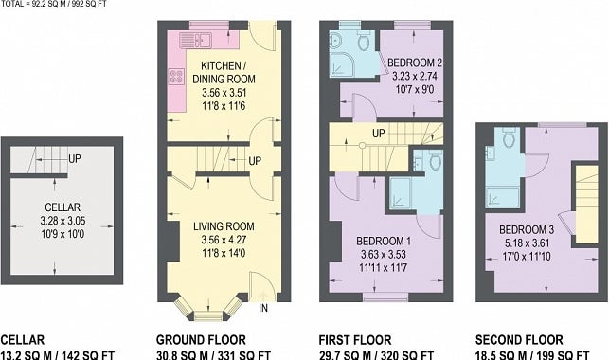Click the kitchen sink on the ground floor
click(x=195, y=41)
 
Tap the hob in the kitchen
click(x=176, y=76)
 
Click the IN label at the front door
click(x=263, y=308)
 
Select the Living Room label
click(x=224, y=226)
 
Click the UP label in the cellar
click(x=75, y=159)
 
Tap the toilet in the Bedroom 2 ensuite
click(x=365, y=42)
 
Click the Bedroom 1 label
click(x=384, y=242)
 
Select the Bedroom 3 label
click(x=527, y=230)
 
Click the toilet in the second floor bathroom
click(x=508, y=138)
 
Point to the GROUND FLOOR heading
click(x=201, y=340)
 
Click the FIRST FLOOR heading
click(x=355, y=340)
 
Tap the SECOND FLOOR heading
click(x=519, y=340)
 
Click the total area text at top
click(x=54, y=4)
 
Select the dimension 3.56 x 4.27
click(x=224, y=240)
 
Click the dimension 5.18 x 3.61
click(x=527, y=243)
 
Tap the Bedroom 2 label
click(x=415, y=63)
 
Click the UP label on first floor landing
click(x=378, y=134)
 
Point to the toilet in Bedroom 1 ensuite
click(x=436, y=160)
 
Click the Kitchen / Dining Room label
click(x=224, y=72)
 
